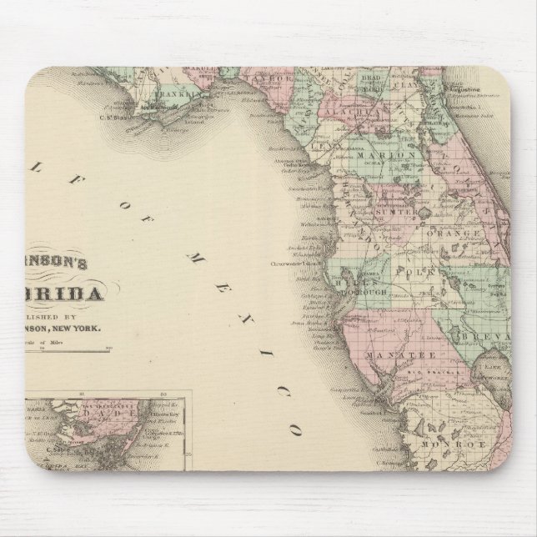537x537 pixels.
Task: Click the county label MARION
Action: tap(386, 155)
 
